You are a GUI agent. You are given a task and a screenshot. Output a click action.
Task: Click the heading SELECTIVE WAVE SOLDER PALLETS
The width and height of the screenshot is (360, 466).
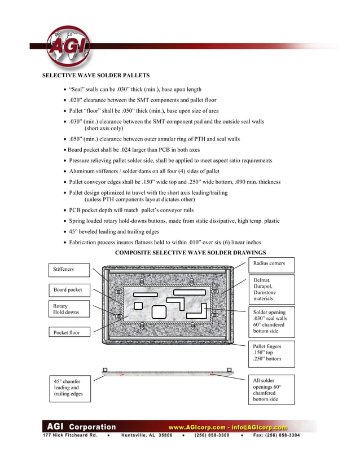click(96, 75)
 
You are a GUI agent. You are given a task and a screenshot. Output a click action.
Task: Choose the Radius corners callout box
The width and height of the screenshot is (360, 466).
click(272, 263)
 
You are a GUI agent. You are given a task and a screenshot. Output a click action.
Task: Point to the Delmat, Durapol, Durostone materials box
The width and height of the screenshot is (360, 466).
click(272, 289)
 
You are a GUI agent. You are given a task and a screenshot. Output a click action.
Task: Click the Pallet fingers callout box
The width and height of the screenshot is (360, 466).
click(272, 353)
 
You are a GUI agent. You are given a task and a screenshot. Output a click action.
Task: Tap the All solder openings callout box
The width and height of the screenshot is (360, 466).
click(272, 390)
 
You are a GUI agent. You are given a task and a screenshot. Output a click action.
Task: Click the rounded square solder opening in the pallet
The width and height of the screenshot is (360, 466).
click(159, 311)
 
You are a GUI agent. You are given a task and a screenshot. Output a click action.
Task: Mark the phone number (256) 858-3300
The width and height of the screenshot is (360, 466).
click(212, 435)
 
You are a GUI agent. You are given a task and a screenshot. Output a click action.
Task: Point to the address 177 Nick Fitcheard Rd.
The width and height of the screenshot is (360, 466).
click(70, 435)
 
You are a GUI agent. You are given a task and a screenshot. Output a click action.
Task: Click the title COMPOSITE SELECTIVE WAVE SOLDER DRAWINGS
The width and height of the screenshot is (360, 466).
click(191, 252)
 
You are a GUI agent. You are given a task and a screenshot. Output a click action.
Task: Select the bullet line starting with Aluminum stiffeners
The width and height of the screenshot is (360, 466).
click(144, 171)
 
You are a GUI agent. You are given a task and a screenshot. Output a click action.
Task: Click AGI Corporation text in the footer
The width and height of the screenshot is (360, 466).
click(81, 427)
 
